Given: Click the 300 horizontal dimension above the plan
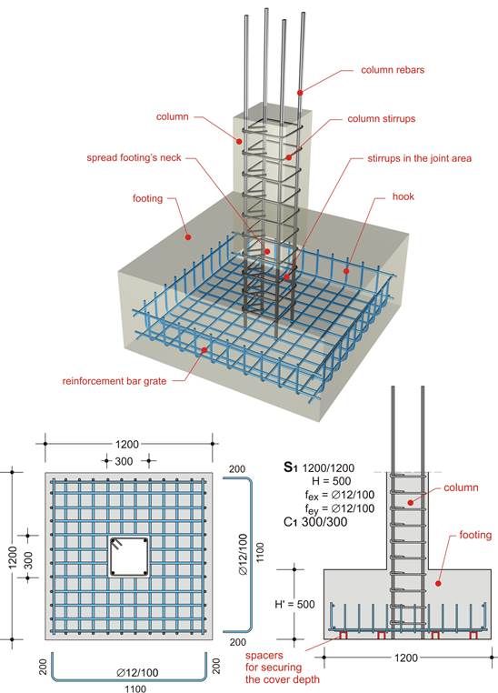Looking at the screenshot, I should [124, 462].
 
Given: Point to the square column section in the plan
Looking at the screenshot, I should [126, 557].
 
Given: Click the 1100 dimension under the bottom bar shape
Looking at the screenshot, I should [133, 688].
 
